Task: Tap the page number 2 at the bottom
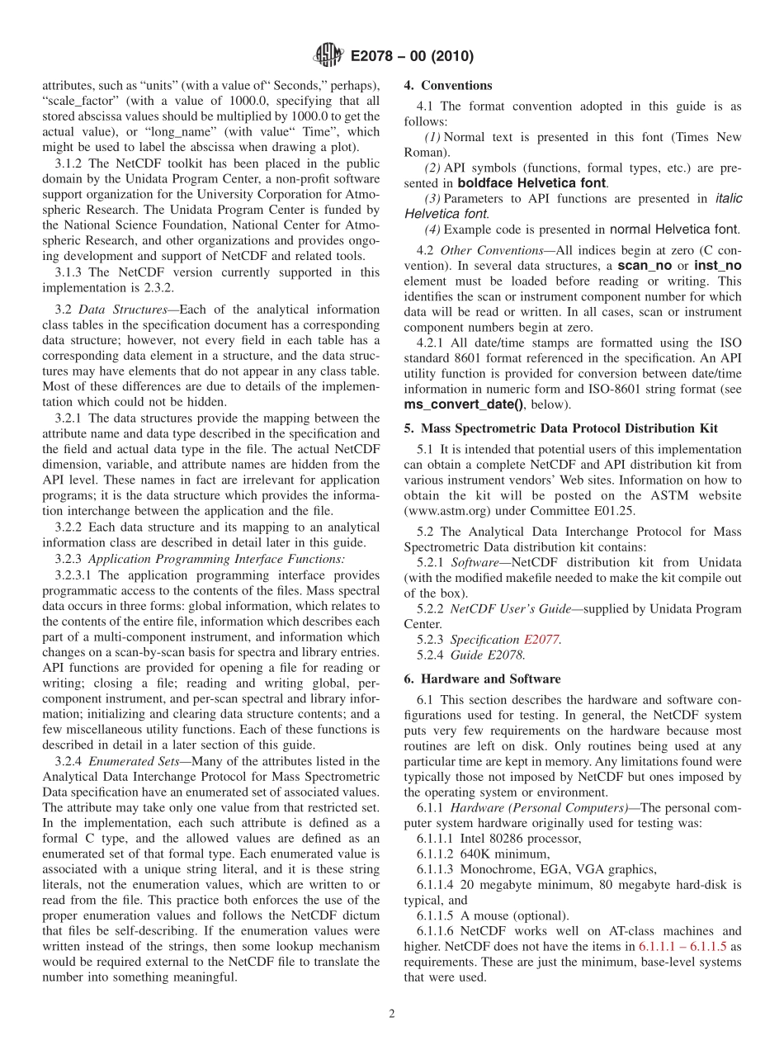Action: (x=392, y=1014)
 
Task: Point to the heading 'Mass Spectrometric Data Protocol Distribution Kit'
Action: (x=569, y=428)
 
